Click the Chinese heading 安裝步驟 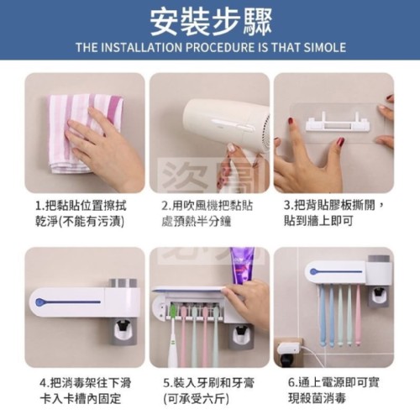click(x=211, y=23)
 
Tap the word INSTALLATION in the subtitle click(x=141, y=47)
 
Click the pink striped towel click(x=84, y=133)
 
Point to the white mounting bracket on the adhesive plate click(x=336, y=123)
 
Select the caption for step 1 click(x=81, y=213)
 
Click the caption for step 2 click(x=207, y=213)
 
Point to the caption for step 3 click(x=333, y=213)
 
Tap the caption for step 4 click(x=86, y=391)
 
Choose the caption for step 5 click(x=208, y=391)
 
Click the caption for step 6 click(x=333, y=390)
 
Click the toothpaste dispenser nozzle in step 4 click(x=123, y=326)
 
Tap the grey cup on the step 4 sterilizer click(x=123, y=283)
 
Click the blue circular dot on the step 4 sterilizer click(x=39, y=302)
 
